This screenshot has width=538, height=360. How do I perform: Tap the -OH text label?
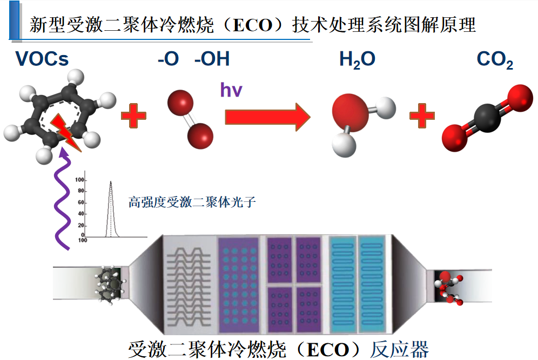pyautogui.click(x=212, y=59)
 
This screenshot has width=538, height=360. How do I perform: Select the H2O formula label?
pyautogui.click(x=357, y=59)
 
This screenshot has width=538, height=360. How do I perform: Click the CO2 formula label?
pyautogui.click(x=495, y=60)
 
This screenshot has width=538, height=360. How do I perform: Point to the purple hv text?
pyautogui.click(x=231, y=89)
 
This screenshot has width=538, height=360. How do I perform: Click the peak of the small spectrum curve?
pyautogui.click(x=111, y=182)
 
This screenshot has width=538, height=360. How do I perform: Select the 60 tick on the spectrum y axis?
pyautogui.click(x=81, y=202)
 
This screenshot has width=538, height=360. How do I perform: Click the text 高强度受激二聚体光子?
pyautogui.click(x=191, y=203)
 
